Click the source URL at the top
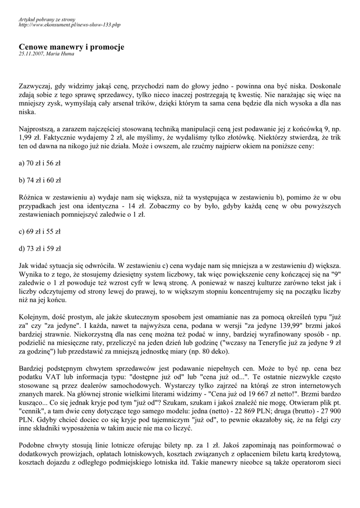point(69,24)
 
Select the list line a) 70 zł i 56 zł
point(40,163)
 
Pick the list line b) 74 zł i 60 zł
point(40,180)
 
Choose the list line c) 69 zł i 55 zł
point(40,231)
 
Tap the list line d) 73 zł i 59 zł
point(40,249)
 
